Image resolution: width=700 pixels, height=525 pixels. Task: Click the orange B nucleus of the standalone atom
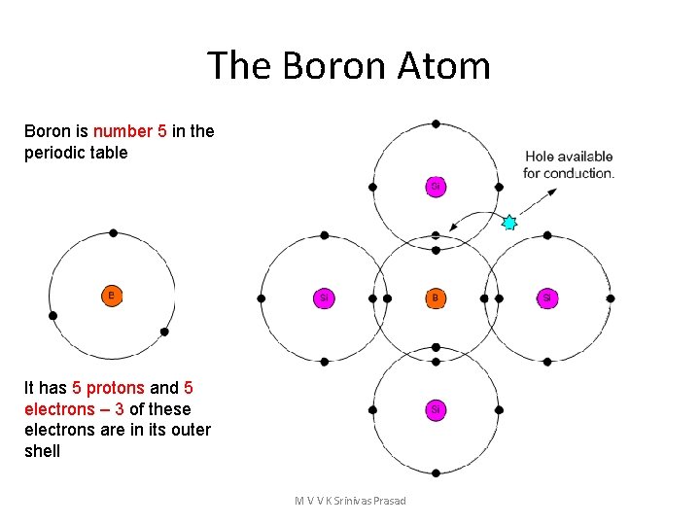click(x=112, y=295)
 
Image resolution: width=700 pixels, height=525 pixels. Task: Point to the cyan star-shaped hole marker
click(x=508, y=223)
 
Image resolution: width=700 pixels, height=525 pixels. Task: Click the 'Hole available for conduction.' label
click(x=569, y=164)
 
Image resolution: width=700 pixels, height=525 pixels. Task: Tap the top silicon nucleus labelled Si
click(x=436, y=186)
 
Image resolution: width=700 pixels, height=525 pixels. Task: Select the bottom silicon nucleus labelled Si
click(x=436, y=409)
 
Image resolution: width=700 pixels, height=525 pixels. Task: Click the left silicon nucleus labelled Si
click(x=324, y=297)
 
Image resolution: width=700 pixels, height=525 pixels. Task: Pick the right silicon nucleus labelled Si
click(x=547, y=297)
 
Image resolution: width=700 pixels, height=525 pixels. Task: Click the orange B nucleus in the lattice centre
click(x=436, y=297)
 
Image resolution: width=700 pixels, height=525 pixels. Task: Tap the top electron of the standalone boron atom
click(x=114, y=233)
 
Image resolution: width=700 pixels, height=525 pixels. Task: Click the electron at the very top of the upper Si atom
click(x=436, y=123)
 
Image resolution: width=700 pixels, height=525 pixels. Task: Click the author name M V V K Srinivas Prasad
click(x=350, y=501)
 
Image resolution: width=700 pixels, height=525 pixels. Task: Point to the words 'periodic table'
click(x=76, y=153)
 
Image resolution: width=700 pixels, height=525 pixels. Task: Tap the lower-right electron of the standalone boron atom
click(x=164, y=332)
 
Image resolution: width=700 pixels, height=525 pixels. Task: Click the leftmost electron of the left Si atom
click(x=261, y=298)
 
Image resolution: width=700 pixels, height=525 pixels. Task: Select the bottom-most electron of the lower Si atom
click(x=436, y=472)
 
